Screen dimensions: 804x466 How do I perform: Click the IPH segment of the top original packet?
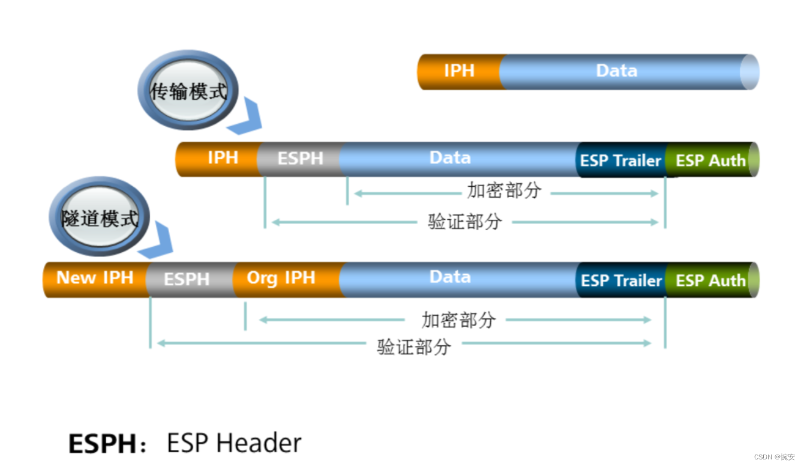point(459,71)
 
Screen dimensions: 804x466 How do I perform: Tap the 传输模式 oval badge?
point(188,90)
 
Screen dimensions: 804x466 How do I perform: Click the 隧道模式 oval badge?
point(100,216)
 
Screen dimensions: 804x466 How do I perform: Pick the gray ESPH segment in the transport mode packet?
point(300,159)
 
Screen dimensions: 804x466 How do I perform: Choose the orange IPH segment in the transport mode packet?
point(218,159)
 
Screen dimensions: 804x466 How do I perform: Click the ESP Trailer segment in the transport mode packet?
point(620,160)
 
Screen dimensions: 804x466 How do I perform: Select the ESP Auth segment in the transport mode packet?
point(712,160)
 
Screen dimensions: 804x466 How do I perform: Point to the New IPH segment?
point(95,279)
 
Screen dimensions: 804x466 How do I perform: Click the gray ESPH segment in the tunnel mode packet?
point(190,279)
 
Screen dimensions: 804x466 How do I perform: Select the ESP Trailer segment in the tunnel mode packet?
point(621,280)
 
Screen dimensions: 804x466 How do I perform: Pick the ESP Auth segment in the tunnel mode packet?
point(712,280)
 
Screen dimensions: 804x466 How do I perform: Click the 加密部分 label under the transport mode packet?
point(504,190)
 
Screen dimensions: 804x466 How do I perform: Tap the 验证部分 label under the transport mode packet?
point(465,222)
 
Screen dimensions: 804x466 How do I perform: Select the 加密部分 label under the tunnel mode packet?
point(459,319)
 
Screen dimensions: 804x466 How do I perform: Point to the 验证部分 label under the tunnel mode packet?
point(414,347)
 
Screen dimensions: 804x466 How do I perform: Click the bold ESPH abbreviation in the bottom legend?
point(102,444)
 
